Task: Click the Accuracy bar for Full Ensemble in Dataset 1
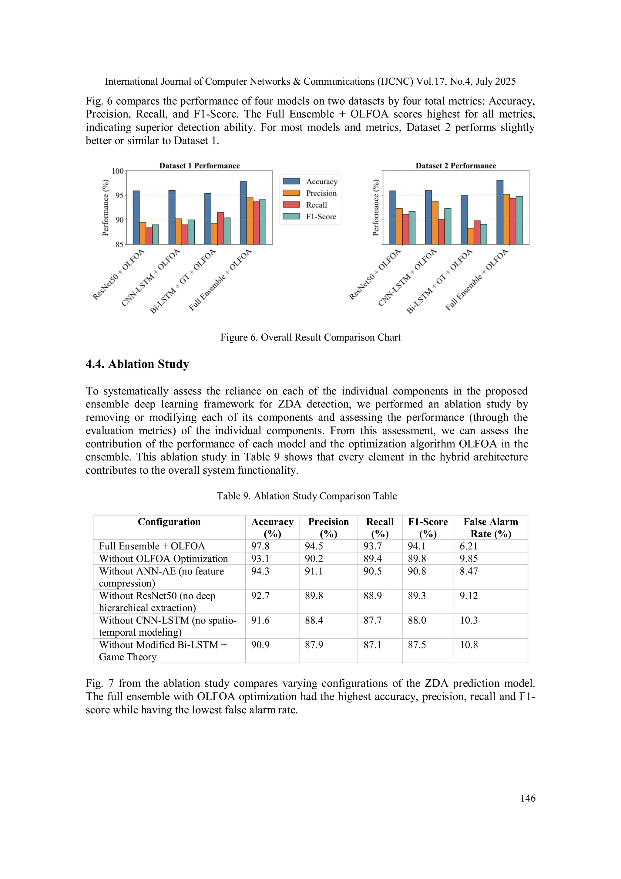243,213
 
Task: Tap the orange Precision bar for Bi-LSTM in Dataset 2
471,236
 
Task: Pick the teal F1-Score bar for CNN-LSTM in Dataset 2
448,226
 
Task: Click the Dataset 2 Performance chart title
456,166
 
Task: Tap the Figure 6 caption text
310,337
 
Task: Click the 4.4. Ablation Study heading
137,364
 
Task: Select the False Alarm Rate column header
491,528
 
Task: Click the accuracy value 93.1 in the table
260,559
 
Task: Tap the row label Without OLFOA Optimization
163,559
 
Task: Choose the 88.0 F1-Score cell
417,620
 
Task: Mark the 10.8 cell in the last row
468,645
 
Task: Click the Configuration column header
169,522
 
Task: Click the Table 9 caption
307,496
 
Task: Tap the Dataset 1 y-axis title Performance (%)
106,208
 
